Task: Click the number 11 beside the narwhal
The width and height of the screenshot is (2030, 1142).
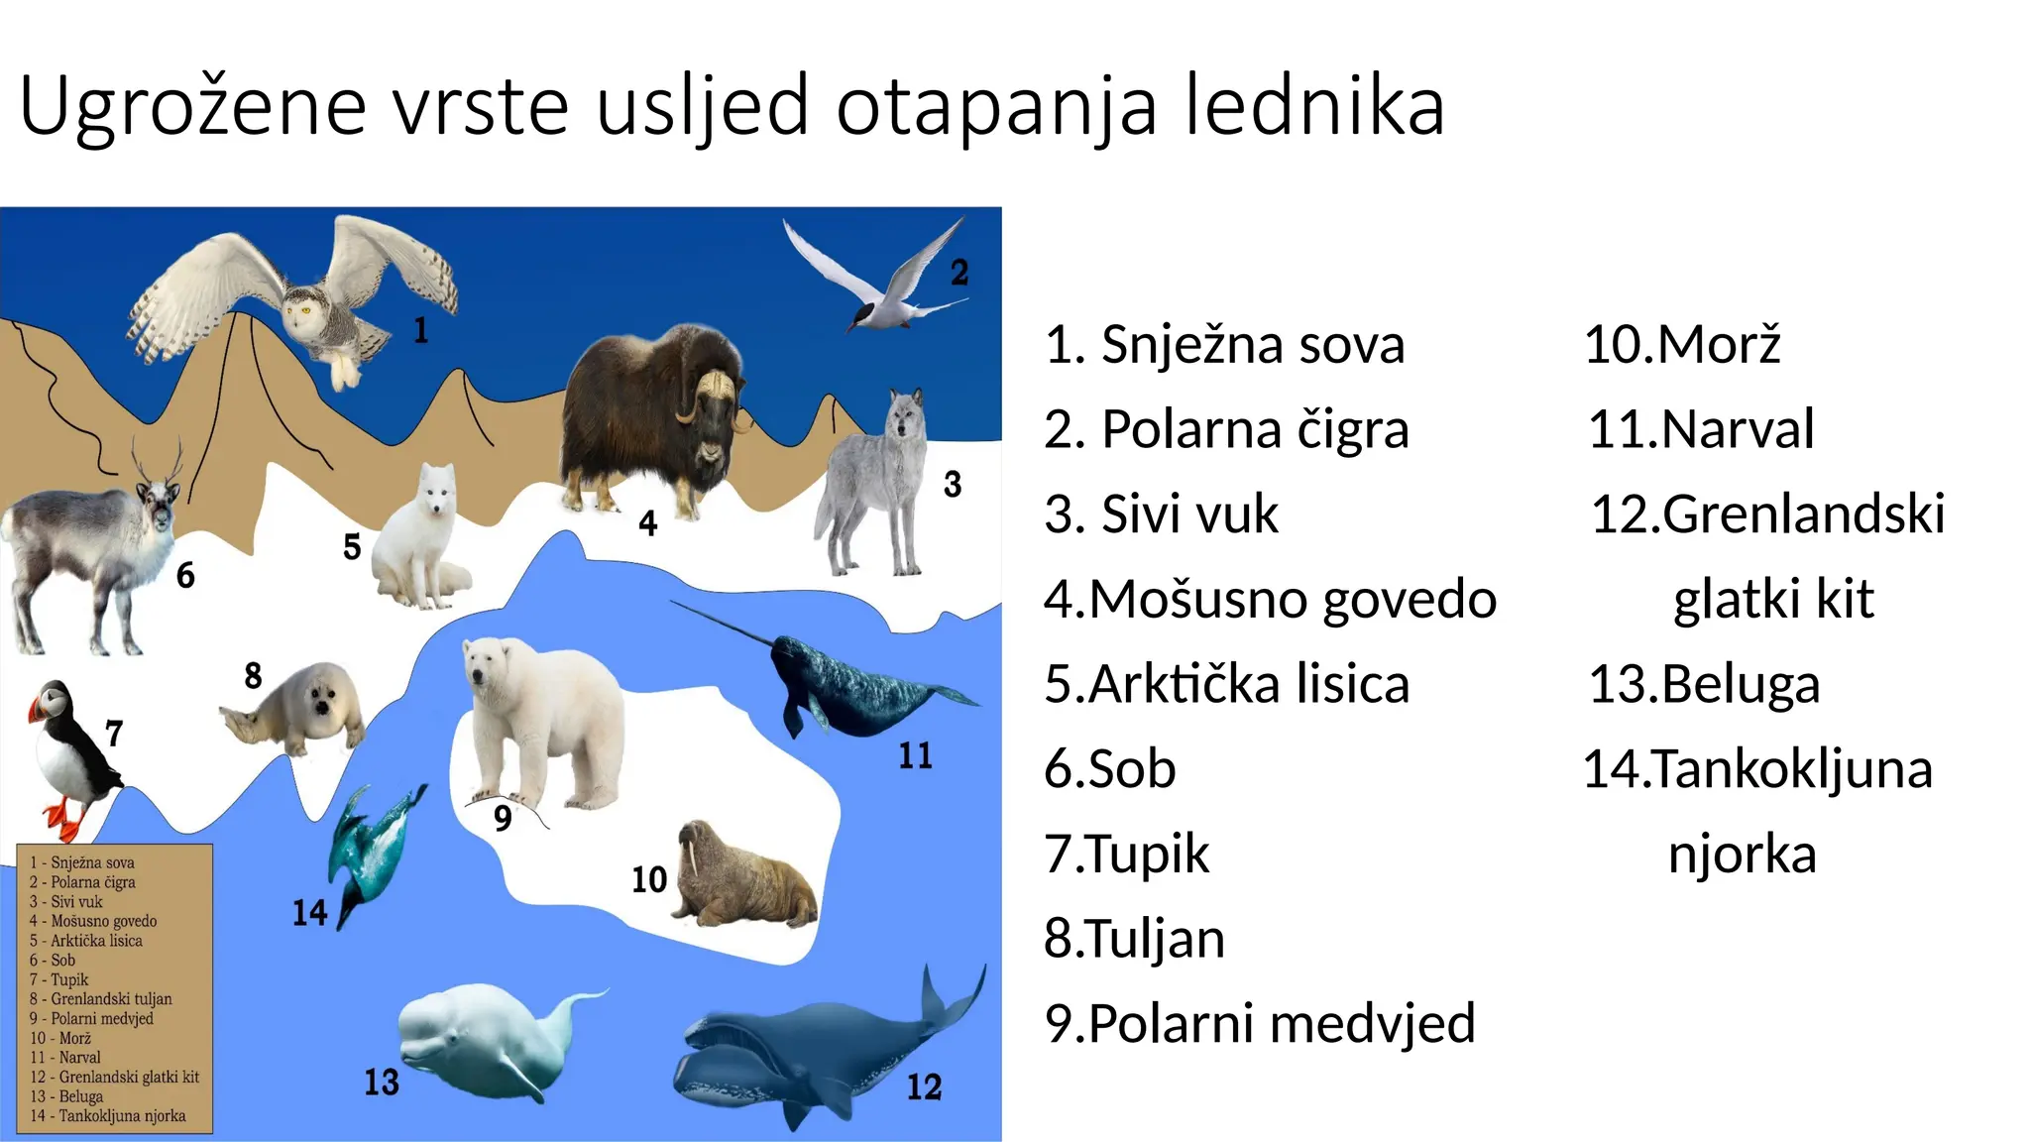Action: (x=915, y=756)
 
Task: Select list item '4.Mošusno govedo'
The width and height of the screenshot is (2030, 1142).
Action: (x=1270, y=600)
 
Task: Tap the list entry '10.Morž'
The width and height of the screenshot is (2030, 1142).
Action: (x=1682, y=345)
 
